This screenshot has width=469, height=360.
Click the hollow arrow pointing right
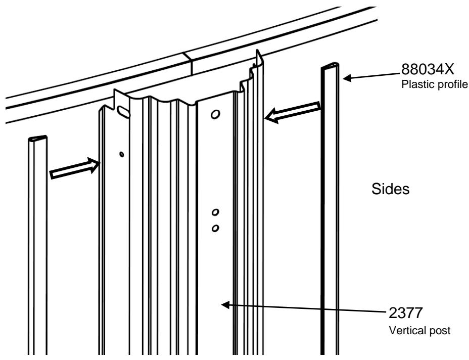74,168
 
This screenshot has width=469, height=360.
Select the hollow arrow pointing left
293,112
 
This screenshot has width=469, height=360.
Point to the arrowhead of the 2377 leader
226,304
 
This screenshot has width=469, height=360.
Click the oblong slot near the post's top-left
122,110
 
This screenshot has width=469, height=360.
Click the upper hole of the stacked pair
216,211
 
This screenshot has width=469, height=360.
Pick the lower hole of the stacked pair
215,228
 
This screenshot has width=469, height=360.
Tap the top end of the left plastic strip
38,138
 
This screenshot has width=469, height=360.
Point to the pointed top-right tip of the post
257,52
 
